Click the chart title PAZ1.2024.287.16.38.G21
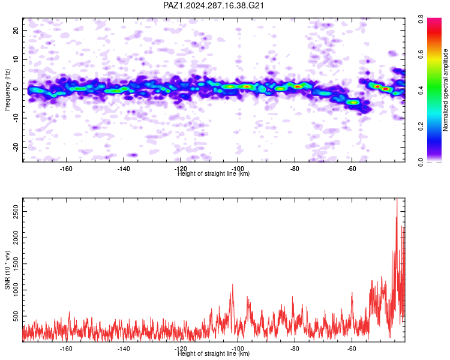pos(213,5)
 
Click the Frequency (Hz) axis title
pos(7,90)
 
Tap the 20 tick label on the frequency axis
pos(16,30)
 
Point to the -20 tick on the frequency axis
pos(16,147)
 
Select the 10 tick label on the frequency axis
pos(16,59)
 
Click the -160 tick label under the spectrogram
pos(66,169)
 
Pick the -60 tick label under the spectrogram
pos(352,169)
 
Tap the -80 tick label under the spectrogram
pos(295,169)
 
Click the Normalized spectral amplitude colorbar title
pos(445,90)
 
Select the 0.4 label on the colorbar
pos(421,91)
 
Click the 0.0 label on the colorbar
pos(421,163)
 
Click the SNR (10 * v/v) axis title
pos(7,270)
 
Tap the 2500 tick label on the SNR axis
pos(16,212)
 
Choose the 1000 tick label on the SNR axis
pos(16,290)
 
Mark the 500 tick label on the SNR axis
pos(16,316)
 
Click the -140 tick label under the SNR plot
pos(124,349)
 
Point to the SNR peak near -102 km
pos(232,284)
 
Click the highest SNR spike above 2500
pos(397,199)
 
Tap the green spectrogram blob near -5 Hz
pos(353,102)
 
